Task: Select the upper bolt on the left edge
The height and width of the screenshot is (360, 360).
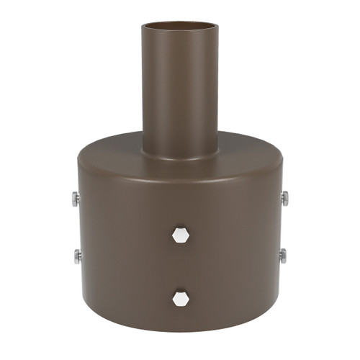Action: pos(76,198)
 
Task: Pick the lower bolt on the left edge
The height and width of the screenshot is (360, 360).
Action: pos(76,255)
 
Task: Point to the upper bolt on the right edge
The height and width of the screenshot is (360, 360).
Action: pos(284,198)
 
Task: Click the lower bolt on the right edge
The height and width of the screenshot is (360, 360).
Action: pos(283,255)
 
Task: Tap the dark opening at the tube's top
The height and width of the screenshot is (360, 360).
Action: pos(179,27)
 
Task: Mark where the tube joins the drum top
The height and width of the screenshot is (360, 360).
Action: pos(179,156)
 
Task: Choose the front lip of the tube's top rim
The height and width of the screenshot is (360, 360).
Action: pos(179,31)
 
